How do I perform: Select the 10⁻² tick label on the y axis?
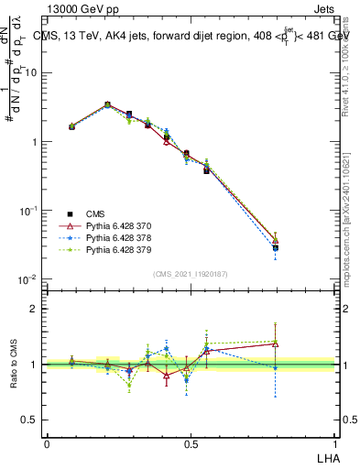click(x=29, y=279)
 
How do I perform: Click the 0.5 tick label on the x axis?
click(x=190, y=444)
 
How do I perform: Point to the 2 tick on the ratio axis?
click(x=37, y=309)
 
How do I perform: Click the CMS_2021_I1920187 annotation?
click(x=190, y=274)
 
